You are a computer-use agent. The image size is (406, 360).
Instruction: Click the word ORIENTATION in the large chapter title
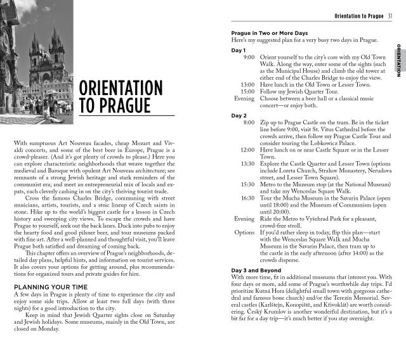[121, 88]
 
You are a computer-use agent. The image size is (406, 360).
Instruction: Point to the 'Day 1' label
[239, 49]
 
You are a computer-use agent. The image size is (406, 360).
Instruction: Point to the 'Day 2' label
[239, 115]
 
